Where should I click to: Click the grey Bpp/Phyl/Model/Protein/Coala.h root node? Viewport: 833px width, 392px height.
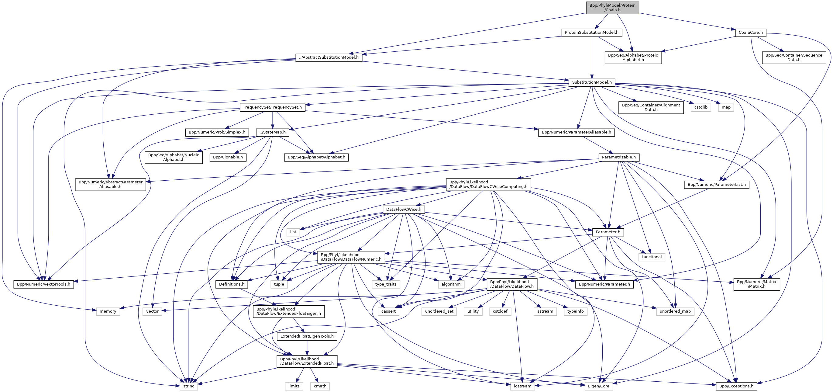tap(612, 7)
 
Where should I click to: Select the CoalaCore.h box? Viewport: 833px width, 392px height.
tap(750, 32)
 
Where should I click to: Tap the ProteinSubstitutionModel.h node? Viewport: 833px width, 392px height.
tap(591, 32)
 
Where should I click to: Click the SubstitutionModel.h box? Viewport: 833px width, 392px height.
tap(591, 82)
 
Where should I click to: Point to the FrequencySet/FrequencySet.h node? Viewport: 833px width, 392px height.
tap(272, 107)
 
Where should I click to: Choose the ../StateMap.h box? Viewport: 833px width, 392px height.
tap(272, 132)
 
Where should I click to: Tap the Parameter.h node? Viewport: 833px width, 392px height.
tap(608, 232)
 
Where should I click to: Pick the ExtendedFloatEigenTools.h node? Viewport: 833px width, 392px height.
tap(307, 336)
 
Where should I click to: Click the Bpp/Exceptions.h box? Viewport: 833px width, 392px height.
tap(736, 386)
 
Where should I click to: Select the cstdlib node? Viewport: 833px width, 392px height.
tap(701, 107)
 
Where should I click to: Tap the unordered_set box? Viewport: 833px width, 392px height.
tap(439, 311)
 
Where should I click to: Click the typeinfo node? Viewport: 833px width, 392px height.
tap(575, 311)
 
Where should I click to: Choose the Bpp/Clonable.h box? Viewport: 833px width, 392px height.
tap(228, 157)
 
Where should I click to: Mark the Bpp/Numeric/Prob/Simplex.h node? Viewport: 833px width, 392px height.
tap(217, 132)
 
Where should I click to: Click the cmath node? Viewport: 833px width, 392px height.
tap(320, 386)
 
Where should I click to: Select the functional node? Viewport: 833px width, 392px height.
tap(652, 257)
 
